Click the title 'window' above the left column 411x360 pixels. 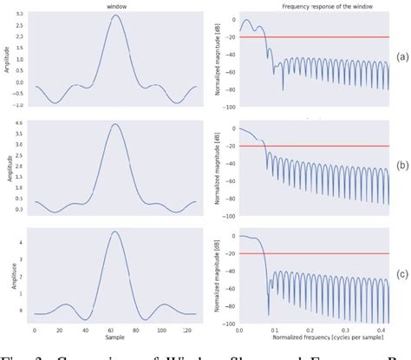click(114, 6)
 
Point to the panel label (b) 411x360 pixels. click(401, 164)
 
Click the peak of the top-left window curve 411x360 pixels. click(115, 15)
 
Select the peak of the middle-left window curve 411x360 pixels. click(115, 124)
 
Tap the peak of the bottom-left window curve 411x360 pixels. click(115, 232)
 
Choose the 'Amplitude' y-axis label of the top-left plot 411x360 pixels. click(7, 56)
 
